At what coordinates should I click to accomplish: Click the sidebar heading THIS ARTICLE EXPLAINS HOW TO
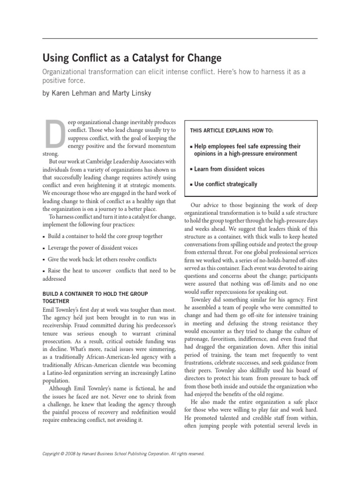point(232,130)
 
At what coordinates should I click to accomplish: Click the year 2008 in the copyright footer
point(69,454)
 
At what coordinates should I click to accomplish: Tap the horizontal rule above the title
point(180,38)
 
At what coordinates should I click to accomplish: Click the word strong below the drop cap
point(50,153)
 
